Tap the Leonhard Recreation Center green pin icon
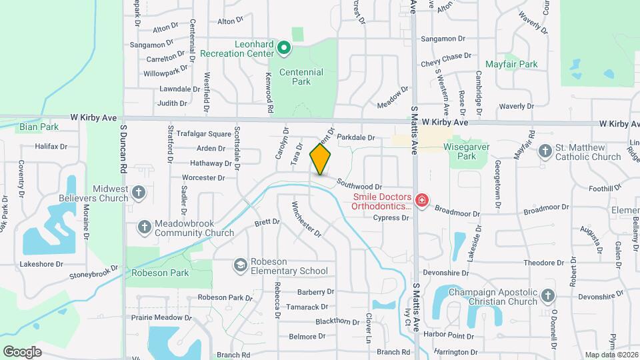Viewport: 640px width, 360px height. tap(283, 47)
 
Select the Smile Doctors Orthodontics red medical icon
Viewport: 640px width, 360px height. tap(421, 199)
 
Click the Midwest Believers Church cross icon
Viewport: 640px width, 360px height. tap(138, 193)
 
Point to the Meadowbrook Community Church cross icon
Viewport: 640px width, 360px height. tap(144, 227)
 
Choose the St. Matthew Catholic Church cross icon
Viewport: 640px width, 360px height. tap(545, 151)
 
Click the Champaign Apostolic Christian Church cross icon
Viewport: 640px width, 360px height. tap(547, 295)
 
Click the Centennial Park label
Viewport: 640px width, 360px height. tap(301, 77)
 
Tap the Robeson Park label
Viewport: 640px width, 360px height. tap(160, 273)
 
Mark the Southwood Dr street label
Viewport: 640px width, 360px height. tap(359, 183)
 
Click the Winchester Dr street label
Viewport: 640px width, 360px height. tap(307, 219)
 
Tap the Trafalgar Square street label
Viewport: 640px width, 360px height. tap(199, 134)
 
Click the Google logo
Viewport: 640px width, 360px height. tap(23, 351)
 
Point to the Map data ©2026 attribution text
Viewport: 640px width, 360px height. tap(611, 355)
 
